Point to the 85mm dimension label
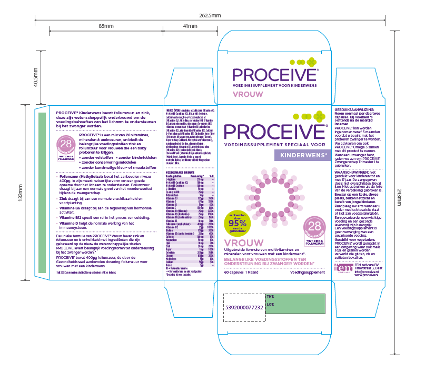(x=106, y=26)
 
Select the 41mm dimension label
(x=190, y=26)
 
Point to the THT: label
(x=271, y=297)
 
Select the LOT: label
(x=271, y=304)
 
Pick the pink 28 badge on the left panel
(x=67, y=145)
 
